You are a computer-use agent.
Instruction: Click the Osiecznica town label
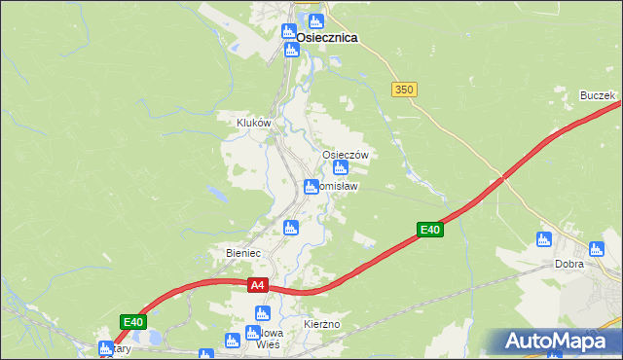[x=326, y=37]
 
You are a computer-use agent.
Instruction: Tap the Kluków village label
[x=253, y=123]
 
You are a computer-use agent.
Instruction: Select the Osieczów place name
[x=345, y=155]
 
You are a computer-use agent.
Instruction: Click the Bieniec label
[x=243, y=253]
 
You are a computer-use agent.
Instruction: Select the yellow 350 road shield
[x=405, y=90]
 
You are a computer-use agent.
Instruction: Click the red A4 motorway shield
[x=257, y=285]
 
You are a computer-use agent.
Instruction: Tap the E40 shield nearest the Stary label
[x=133, y=322]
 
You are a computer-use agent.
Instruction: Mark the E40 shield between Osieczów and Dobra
[x=430, y=230]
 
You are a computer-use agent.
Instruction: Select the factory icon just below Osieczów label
[x=341, y=168]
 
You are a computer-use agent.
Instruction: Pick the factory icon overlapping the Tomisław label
[x=311, y=187]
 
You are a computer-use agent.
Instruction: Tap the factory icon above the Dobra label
[x=544, y=239]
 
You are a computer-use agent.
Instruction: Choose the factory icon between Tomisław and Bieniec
[x=289, y=228]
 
